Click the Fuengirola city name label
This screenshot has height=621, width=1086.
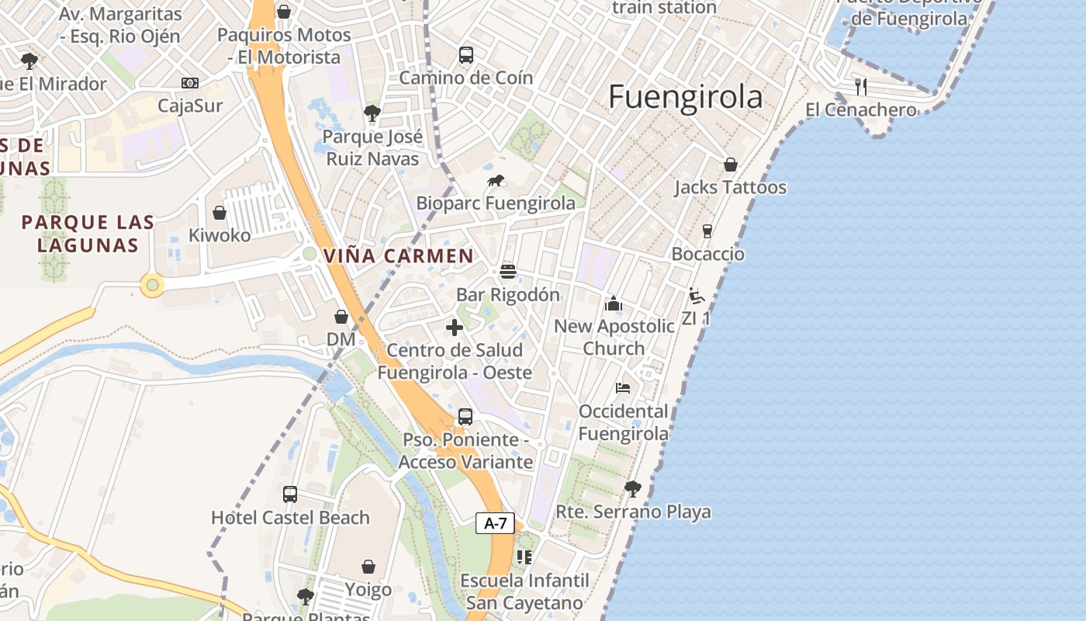(x=685, y=98)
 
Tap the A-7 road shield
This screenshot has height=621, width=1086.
(x=495, y=523)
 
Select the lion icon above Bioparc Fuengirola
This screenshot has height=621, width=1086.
(x=496, y=182)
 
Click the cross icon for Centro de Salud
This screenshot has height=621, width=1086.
(x=455, y=328)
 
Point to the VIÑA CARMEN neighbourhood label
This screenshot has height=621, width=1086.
(x=398, y=255)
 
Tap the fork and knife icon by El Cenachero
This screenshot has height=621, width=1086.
(x=860, y=86)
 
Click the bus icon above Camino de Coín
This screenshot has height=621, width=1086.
(x=466, y=55)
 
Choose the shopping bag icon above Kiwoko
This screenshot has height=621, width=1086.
(x=220, y=213)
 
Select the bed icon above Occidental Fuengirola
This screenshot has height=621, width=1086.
(x=622, y=388)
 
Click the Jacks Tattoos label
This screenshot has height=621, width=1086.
(x=730, y=187)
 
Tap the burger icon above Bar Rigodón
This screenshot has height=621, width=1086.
(x=508, y=271)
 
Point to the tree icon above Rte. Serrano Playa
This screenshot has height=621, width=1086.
(x=633, y=488)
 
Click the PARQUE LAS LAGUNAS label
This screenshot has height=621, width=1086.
(x=88, y=234)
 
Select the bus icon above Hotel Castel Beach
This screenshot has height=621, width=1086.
(x=290, y=494)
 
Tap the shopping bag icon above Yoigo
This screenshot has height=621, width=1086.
(x=368, y=567)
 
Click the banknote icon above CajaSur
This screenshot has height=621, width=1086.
(x=190, y=83)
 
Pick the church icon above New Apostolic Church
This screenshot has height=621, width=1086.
(x=614, y=304)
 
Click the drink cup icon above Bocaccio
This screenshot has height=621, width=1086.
(x=707, y=231)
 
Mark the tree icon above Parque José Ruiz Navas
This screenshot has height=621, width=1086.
(x=372, y=113)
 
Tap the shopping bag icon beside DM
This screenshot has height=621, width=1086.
(x=341, y=317)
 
